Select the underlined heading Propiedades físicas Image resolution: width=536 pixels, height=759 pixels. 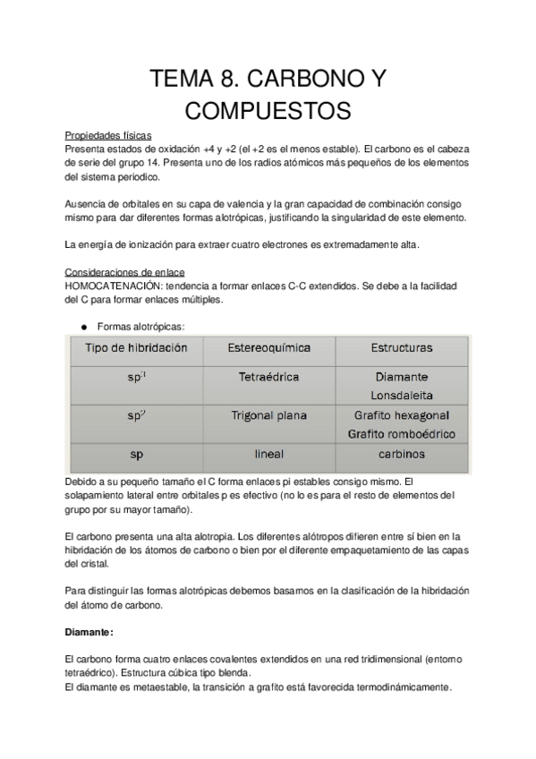(x=108, y=135)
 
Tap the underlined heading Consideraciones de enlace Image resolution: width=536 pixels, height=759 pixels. (x=125, y=272)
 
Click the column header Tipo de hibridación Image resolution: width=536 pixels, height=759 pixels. (x=136, y=348)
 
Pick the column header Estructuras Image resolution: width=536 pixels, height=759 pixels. (x=401, y=348)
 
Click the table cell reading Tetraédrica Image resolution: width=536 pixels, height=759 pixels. (x=269, y=378)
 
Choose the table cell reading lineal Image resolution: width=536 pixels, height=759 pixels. (x=269, y=455)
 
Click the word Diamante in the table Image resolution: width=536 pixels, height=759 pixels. (x=402, y=377)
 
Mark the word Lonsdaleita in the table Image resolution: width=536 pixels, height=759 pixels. (x=402, y=394)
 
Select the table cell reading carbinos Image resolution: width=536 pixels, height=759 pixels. (x=401, y=455)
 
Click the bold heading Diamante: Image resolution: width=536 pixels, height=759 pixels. (x=89, y=632)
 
